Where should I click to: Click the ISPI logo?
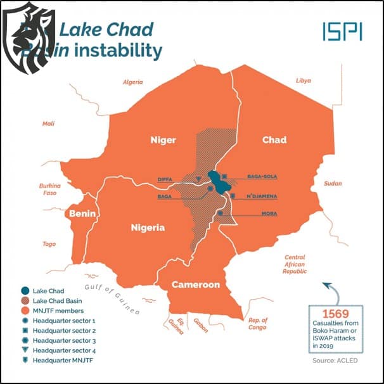[x=342, y=32]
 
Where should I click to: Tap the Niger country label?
[x=162, y=140]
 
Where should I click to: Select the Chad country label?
[x=274, y=140]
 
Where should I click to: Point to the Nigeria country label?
[x=148, y=227]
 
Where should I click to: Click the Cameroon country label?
[x=196, y=285]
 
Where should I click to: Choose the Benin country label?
[x=82, y=214]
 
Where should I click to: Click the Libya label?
[x=304, y=80]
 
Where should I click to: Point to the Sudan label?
[x=332, y=183]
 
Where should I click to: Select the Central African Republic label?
[x=295, y=264]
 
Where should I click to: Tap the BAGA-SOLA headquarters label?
[x=262, y=176]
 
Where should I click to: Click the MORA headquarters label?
[x=269, y=214]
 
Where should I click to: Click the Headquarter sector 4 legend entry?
[x=64, y=350]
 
